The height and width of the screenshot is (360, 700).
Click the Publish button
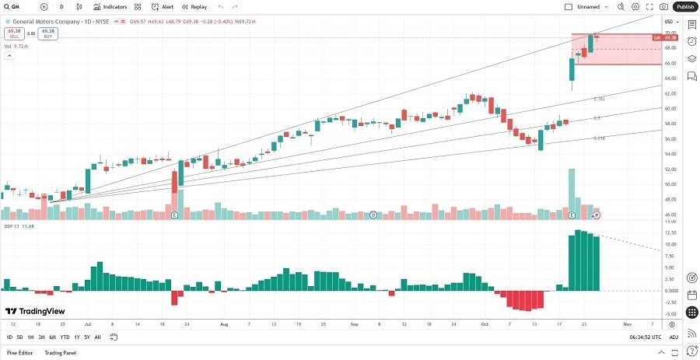685,6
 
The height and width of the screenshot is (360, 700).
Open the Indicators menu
110,6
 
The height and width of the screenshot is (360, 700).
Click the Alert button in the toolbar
163,6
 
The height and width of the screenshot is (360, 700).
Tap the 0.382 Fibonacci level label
599,99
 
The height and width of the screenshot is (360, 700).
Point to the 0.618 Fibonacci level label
599,138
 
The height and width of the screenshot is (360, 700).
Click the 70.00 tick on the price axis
670,33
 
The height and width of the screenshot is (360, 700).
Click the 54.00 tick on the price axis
670,154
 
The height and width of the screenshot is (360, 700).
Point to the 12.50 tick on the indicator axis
670,232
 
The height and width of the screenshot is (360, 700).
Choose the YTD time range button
65,337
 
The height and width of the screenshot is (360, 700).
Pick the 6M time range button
52,337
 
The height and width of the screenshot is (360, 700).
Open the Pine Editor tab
19,353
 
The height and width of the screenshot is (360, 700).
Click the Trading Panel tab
60,353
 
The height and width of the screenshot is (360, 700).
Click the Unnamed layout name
589,6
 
